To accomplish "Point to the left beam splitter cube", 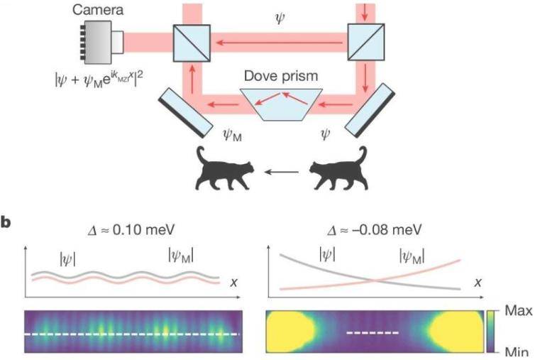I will tap(192, 44).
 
